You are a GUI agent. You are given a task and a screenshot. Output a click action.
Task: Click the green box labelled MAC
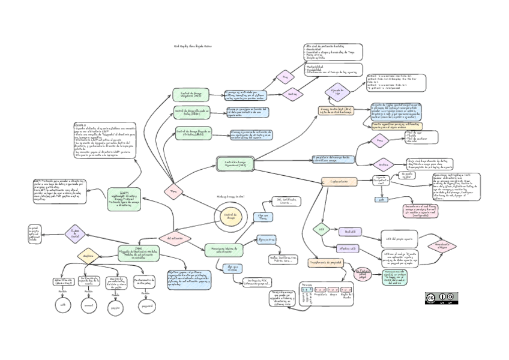pyautogui.click(x=190, y=94)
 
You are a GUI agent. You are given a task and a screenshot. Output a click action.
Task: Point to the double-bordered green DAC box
pyautogui.click(x=235, y=164)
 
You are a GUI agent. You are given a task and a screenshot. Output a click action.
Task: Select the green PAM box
pyautogui.click(x=139, y=253)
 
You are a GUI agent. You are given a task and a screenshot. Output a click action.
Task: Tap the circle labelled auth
pyautogui.click(x=63, y=305)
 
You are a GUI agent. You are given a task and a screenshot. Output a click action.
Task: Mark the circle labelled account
pyautogui.click(x=89, y=305)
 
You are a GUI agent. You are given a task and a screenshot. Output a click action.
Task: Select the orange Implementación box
pyautogui.click(x=339, y=181)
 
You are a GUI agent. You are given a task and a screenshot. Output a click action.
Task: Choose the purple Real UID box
pyautogui.click(x=350, y=232)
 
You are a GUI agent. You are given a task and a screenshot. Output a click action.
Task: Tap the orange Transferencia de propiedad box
pyautogui.click(x=325, y=263)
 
